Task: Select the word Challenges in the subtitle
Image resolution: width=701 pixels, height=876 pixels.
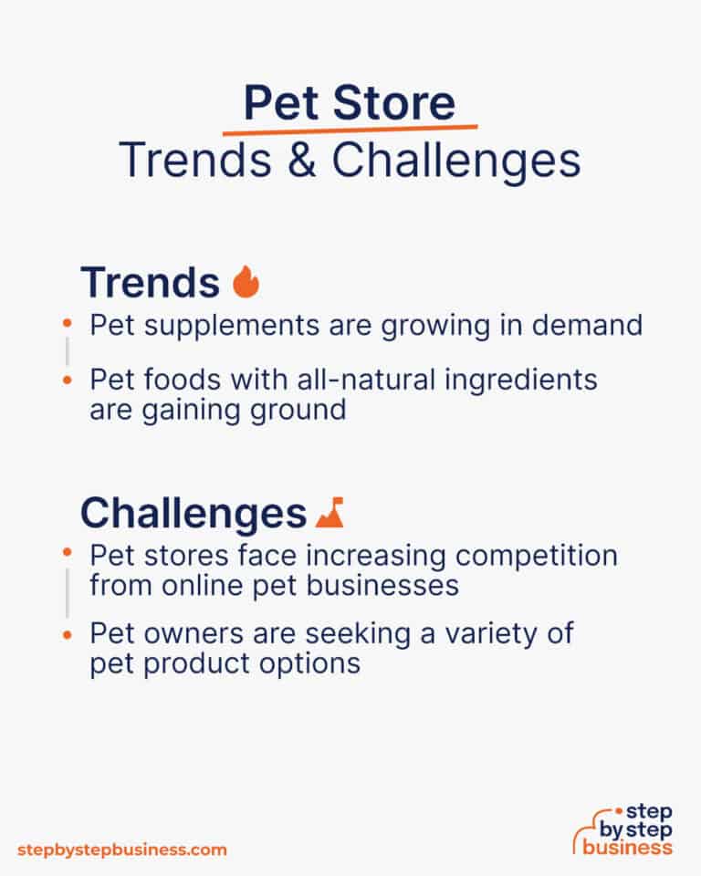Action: click(x=455, y=161)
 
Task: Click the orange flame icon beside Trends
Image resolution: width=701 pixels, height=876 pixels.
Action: click(x=246, y=283)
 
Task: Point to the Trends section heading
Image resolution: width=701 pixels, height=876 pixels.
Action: click(x=150, y=283)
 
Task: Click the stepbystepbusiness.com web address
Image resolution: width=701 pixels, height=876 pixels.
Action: click(x=121, y=850)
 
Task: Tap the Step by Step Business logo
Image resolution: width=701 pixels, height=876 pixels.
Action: click(x=627, y=829)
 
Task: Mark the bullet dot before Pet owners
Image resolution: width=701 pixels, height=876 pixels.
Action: click(x=68, y=631)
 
